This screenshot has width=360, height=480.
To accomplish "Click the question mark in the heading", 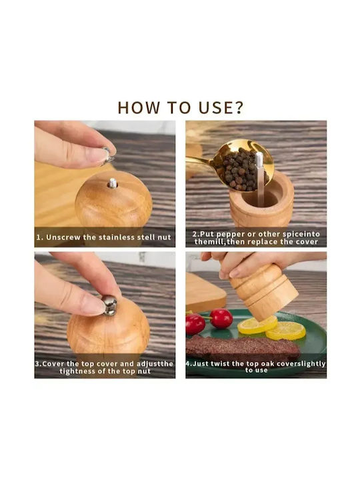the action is point(239,107).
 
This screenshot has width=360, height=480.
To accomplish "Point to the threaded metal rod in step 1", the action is point(113,183).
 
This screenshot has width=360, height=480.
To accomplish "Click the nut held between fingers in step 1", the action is point(107,156).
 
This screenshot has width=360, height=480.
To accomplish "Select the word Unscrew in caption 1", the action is point(64,237).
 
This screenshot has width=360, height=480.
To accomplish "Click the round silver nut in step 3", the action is point(109,305).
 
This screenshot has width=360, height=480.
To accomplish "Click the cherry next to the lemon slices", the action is point(221,319).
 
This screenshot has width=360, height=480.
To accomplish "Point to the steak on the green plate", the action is point(242,347).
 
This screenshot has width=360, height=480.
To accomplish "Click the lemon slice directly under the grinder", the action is point(257,325).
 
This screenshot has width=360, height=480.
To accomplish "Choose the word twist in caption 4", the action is point(220,364).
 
